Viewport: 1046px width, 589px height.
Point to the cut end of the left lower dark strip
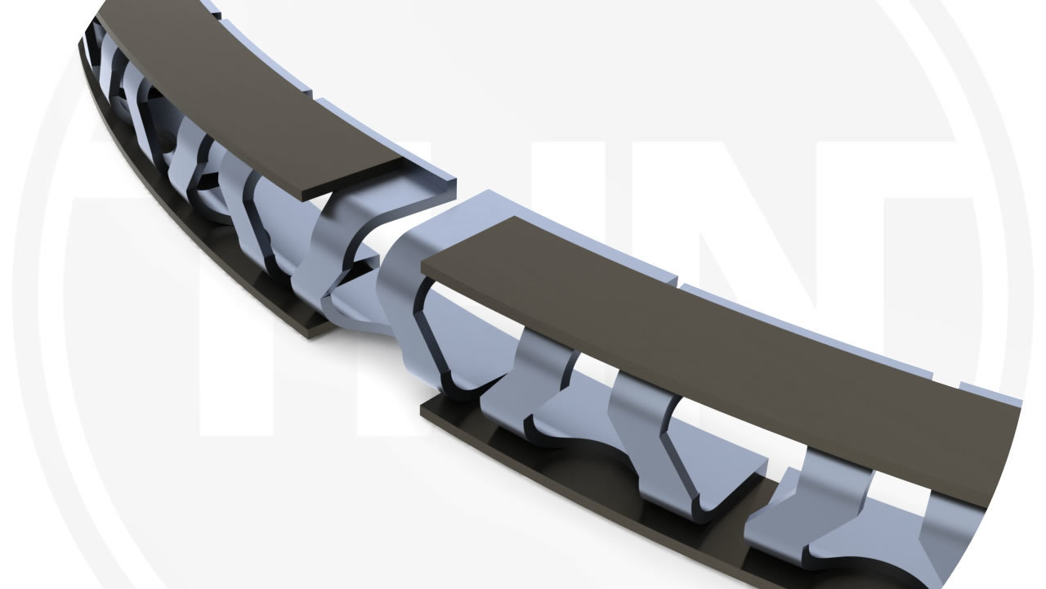[x=319, y=328]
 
